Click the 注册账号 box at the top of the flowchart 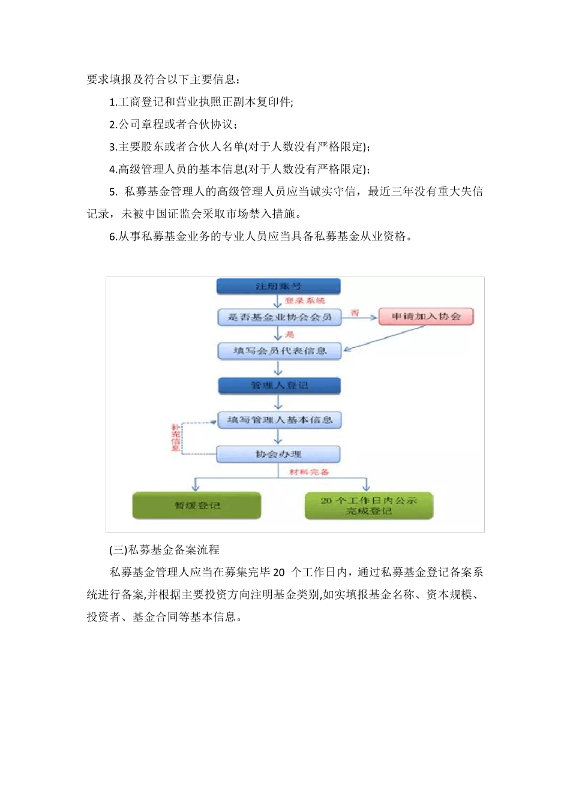coord(279,286)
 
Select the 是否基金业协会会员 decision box coord(279,317)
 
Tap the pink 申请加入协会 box coord(426,316)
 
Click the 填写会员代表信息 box coord(279,351)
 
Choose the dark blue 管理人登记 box coord(279,386)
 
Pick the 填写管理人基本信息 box coord(279,420)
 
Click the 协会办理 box coord(278,454)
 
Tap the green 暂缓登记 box coord(197,506)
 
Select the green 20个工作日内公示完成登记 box coord(368,506)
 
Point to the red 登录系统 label coord(305,300)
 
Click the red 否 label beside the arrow coord(355,312)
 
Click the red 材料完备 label coord(310,472)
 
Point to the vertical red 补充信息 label coord(175,438)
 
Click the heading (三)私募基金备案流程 coord(165,549)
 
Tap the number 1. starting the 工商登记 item coord(113,103)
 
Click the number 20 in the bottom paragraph coord(278,572)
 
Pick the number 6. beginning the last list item coord(113,237)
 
